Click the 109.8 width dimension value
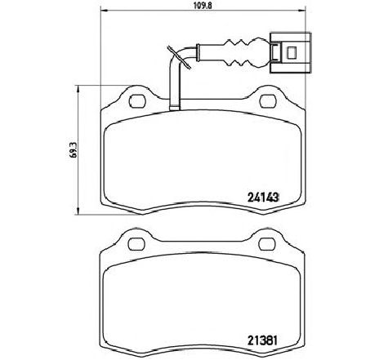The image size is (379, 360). point(203,6)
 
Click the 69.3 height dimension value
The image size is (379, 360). point(73,149)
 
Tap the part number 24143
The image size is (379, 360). point(263,198)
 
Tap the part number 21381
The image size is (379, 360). point(262,340)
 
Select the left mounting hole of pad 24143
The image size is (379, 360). point(137,100)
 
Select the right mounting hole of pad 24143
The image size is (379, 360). point(268,100)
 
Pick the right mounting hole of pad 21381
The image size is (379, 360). point(267,244)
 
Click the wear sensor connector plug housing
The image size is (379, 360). point(290,53)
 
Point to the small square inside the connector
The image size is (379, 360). point(292,52)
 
